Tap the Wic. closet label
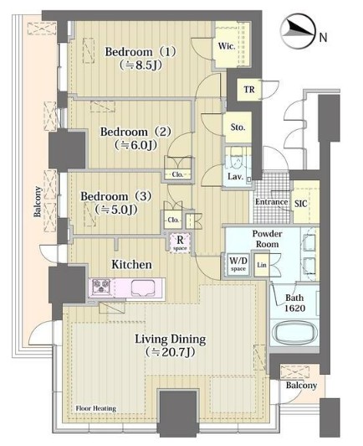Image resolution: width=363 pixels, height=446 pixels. click(227, 46)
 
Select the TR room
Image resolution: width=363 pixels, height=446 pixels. click(249, 90)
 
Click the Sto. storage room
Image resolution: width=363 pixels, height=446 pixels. click(238, 127)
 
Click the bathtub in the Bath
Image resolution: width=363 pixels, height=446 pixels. click(294, 334)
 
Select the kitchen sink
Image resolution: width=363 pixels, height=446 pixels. click(143, 288)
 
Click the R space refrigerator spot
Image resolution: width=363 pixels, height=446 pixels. click(180, 243)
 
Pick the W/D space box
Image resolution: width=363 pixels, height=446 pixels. click(238, 264)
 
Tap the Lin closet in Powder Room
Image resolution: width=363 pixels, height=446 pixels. click(262, 265)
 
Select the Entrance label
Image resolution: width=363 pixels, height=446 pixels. click(271, 202)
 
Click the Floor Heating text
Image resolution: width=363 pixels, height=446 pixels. click(96, 408)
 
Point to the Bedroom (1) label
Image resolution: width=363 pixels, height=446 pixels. click(141, 52)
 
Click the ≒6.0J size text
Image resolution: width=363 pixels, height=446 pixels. click(136, 145)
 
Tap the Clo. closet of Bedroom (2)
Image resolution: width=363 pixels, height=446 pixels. click(177, 174)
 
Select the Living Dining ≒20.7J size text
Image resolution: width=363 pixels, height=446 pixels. click(170, 352)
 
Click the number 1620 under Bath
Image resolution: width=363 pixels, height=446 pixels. click(295, 308)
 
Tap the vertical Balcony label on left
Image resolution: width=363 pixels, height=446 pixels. click(38, 201)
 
